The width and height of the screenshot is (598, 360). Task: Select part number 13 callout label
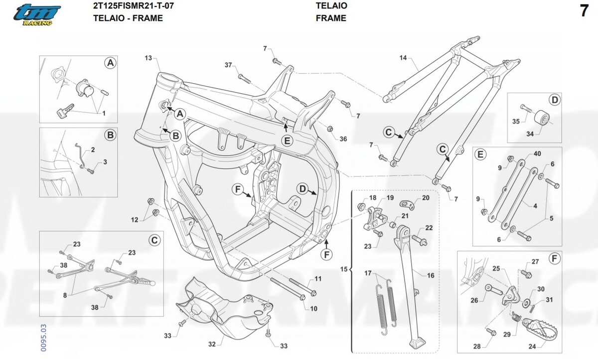tap(148, 58)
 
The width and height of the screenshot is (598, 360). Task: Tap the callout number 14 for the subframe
tap(403, 58)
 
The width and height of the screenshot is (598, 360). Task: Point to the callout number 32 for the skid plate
tap(212, 344)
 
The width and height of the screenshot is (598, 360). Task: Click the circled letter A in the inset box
tap(110, 63)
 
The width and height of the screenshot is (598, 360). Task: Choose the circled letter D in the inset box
tap(555, 99)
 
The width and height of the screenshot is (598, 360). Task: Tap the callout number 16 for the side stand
tap(431, 275)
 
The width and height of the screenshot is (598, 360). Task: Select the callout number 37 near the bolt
tap(228, 66)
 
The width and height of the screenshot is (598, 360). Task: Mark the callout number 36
tap(343, 139)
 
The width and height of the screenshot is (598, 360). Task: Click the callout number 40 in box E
tap(537, 155)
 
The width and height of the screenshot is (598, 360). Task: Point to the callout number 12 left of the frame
tap(135, 219)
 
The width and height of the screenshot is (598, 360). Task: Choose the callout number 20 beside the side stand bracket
tap(425, 198)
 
